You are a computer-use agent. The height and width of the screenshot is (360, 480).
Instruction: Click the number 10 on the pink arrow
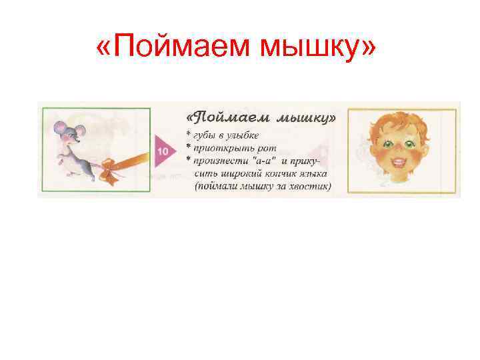(162, 152)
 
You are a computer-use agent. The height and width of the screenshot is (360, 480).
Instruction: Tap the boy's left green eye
(389, 144)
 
